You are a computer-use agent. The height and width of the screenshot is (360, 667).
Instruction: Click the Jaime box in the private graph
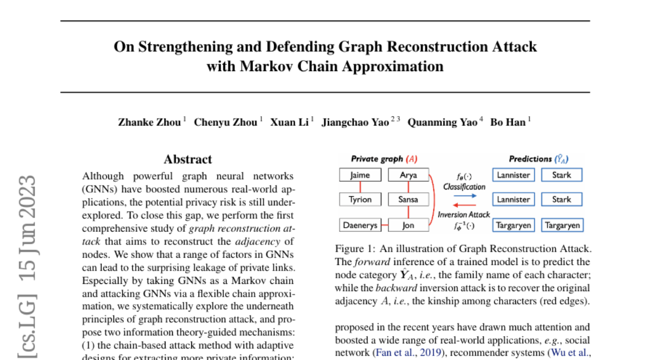pos(360,175)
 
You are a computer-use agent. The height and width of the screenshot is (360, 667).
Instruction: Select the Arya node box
pos(409,175)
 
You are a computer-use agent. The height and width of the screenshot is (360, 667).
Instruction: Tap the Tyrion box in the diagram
pos(360,199)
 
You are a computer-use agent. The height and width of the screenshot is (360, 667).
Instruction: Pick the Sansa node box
pos(409,199)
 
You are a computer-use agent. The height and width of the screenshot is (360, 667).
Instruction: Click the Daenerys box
pos(360,225)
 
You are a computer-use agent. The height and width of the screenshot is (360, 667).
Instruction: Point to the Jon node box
pos(409,225)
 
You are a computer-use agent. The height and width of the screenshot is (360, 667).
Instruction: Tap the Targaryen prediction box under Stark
pos(562,225)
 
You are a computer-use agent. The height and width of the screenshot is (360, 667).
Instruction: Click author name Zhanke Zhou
pos(149,122)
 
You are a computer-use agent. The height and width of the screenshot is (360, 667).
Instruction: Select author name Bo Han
pos(507,122)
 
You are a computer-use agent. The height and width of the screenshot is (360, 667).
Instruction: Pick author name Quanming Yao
pos(442,122)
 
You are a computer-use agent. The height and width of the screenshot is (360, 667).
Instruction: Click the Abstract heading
pos(188,159)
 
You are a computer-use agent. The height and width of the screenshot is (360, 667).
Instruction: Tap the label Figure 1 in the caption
pos(354,248)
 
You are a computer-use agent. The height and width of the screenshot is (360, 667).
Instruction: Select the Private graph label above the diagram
pos(377,159)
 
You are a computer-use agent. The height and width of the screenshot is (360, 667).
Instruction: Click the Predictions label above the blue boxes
pos(530,159)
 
